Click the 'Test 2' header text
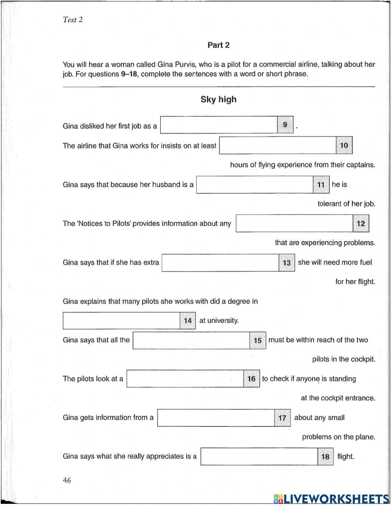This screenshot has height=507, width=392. (x=73, y=20)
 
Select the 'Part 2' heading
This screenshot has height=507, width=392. (x=218, y=45)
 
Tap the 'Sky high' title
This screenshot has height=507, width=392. (x=218, y=99)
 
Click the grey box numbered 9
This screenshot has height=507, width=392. (x=285, y=125)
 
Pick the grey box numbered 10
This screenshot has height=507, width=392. (x=344, y=145)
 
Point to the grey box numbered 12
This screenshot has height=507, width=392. (x=361, y=223)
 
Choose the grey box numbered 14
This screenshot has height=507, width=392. (x=187, y=320)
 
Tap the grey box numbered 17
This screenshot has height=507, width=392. (x=282, y=418)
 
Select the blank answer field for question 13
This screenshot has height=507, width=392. (x=220, y=263)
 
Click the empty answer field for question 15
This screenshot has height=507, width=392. (x=191, y=340)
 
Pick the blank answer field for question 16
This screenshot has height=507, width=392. (x=185, y=379)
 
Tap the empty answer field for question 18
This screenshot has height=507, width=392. (x=259, y=457)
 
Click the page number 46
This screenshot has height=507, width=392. (x=67, y=480)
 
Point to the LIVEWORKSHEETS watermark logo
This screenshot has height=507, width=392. (x=331, y=499)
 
